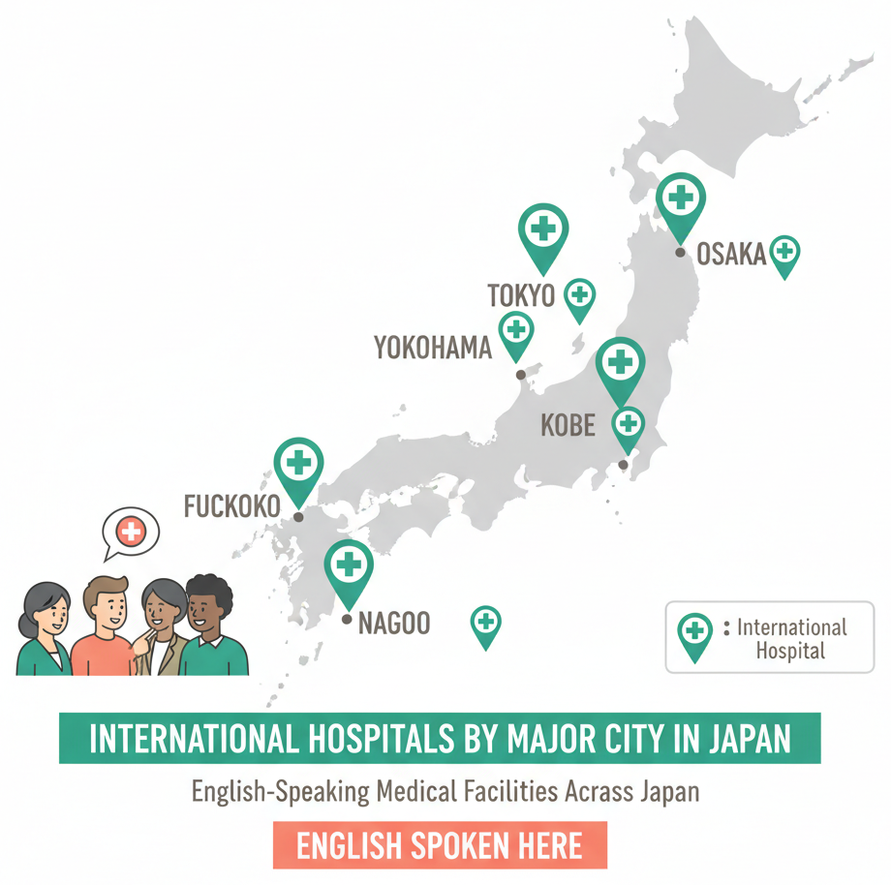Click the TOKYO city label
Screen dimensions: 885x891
521,295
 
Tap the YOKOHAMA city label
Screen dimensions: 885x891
433,348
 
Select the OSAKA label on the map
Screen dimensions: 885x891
731,254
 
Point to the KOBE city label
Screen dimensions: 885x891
568,424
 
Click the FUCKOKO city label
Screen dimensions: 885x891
231,505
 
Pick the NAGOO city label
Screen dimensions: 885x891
394,623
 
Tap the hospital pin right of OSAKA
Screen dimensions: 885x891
784,254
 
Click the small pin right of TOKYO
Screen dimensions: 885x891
579,296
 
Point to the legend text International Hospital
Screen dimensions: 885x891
791,638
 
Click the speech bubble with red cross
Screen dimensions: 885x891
130,531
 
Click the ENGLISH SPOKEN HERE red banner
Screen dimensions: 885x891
440,845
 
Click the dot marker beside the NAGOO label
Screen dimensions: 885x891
348,617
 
